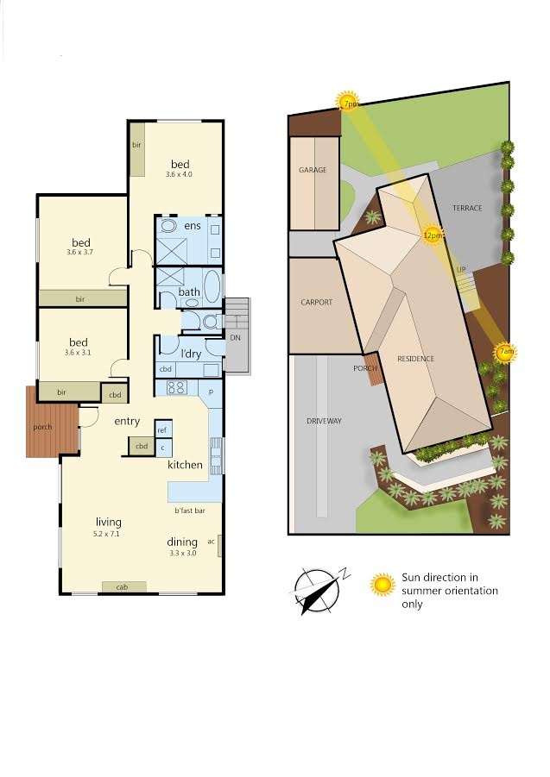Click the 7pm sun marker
click(x=348, y=102)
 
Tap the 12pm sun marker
click(x=432, y=235)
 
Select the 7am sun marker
click(x=506, y=353)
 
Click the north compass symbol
click(x=318, y=590)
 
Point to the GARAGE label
click(x=313, y=170)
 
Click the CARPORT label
click(x=316, y=302)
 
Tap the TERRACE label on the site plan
click(x=467, y=208)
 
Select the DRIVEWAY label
click(x=324, y=421)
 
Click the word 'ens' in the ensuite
click(x=193, y=226)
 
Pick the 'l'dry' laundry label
click(x=191, y=354)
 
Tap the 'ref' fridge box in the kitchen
click(x=163, y=430)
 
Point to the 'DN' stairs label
click(x=235, y=337)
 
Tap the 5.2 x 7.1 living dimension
click(x=106, y=534)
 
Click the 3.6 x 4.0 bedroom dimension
click(x=179, y=174)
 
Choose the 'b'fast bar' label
click(x=190, y=511)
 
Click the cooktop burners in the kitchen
click(x=176, y=387)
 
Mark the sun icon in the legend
click(x=382, y=585)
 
